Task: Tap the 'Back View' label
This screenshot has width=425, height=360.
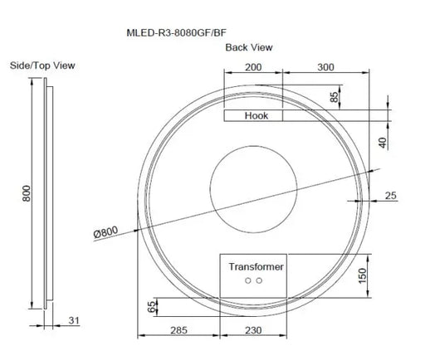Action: (x=248, y=47)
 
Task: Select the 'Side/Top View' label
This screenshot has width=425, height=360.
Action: (x=42, y=65)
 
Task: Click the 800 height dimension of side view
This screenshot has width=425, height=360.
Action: (x=27, y=193)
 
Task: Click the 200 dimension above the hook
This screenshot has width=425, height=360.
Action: (x=253, y=66)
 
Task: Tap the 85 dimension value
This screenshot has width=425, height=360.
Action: (x=335, y=97)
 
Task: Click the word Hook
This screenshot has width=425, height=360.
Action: (x=256, y=117)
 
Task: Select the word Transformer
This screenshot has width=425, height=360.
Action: (x=256, y=266)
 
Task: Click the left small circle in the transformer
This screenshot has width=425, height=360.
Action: (x=248, y=281)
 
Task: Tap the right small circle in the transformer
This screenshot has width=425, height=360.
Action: (x=259, y=281)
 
